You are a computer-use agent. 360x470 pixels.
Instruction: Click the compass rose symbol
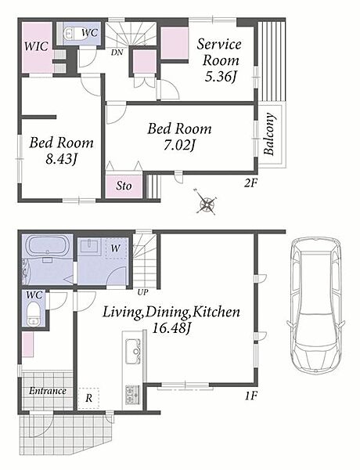tap(206, 203)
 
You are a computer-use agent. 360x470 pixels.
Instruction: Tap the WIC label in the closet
tap(36, 46)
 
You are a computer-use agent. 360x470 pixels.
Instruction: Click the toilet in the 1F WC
tap(33, 313)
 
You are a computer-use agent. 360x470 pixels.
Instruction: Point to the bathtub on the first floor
tap(48, 247)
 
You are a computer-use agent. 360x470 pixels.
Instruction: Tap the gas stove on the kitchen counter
tap(133, 394)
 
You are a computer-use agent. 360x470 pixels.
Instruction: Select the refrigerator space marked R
tap(88, 399)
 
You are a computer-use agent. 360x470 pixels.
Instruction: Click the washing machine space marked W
tap(116, 248)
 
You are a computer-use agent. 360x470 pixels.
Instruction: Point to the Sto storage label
tap(124, 186)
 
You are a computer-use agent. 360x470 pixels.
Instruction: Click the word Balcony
tap(269, 134)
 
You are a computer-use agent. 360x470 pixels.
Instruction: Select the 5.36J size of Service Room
tap(221, 77)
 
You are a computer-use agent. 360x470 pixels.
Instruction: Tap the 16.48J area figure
tap(171, 328)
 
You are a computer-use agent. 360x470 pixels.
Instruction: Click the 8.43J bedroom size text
tap(62, 159)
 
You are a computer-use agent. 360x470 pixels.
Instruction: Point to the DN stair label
tap(117, 52)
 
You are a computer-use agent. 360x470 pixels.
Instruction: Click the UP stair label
tap(142, 292)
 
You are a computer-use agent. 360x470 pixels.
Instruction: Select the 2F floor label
tap(250, 183)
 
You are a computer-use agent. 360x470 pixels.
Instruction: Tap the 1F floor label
tap(251, 396)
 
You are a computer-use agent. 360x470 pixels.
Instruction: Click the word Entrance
tap(48, 391)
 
